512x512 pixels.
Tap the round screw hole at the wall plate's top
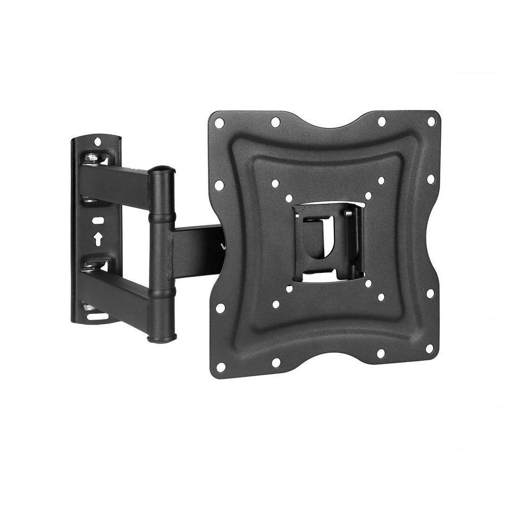(x=97, y=141)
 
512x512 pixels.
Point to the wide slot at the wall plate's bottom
(x=97, y=316)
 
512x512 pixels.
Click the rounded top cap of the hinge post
(x=161, y=170)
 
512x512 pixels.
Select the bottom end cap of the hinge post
(x=162, y=338)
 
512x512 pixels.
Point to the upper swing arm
(x=115, y=184)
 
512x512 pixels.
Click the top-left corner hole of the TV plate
(x=219, y=123)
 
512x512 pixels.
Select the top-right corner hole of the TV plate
(x=431, y=122)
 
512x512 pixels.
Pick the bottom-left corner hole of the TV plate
(x=221, y=367)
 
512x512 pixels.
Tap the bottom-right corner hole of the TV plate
(x=430, y=348)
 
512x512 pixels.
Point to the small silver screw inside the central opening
(x=349, y=213)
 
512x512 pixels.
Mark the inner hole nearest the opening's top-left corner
(x=289, y=198)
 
